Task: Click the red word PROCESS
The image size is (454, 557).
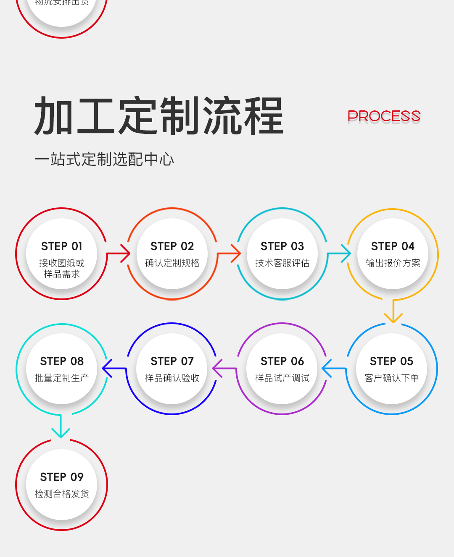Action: click(x=384, y=116)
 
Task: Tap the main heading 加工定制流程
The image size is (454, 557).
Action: click(x=159, y=116)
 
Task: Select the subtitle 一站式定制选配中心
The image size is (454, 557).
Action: click(x=104, y=160)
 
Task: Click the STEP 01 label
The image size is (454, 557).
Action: click(x=62, y=246)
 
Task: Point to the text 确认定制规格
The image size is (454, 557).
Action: click(x=172, y=263)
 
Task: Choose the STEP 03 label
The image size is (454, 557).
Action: click(x=282, y=246)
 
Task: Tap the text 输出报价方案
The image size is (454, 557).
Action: click(x=393, y=263)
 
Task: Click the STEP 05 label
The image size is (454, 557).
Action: click(x=391, y=361)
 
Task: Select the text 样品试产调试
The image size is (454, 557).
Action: click(x=282, y=378)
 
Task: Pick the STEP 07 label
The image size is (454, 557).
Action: click(x=172, y=361)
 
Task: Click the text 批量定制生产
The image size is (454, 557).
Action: click(x=62, y=378)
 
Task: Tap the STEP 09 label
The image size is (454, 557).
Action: click(x=62, y=477)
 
